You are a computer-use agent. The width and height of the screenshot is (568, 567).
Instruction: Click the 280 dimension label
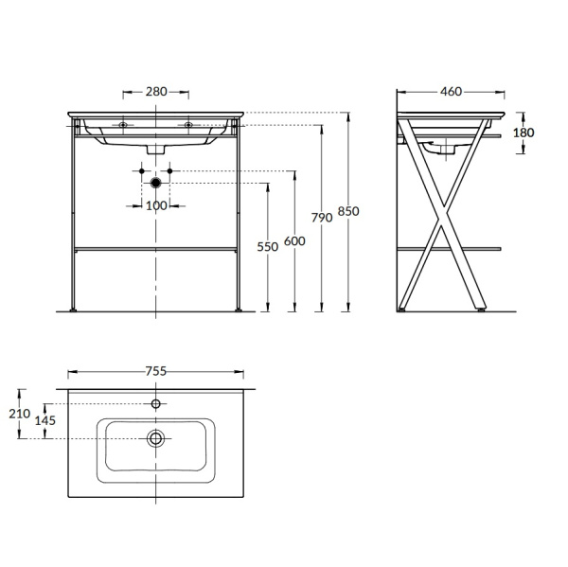156,92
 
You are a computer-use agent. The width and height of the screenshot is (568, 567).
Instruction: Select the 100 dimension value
156,205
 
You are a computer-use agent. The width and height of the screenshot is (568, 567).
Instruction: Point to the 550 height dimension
268,246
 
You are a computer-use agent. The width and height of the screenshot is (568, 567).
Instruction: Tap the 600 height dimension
294,241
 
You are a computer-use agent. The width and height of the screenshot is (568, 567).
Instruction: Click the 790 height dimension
322,218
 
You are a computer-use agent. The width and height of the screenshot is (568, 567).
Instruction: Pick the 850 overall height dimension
348,211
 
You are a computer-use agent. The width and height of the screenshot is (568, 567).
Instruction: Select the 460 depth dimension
451,92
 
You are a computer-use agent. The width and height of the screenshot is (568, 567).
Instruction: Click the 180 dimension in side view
524,133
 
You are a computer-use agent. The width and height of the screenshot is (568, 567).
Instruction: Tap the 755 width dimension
156,372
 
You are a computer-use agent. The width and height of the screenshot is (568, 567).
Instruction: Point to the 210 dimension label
20,414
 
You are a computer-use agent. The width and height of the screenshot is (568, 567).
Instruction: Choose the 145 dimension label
45,420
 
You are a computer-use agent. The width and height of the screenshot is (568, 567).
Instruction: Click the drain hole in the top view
156,438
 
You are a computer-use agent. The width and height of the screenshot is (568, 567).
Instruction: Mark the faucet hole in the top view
156,404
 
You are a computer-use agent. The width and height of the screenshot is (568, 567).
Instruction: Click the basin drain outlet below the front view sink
156,151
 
